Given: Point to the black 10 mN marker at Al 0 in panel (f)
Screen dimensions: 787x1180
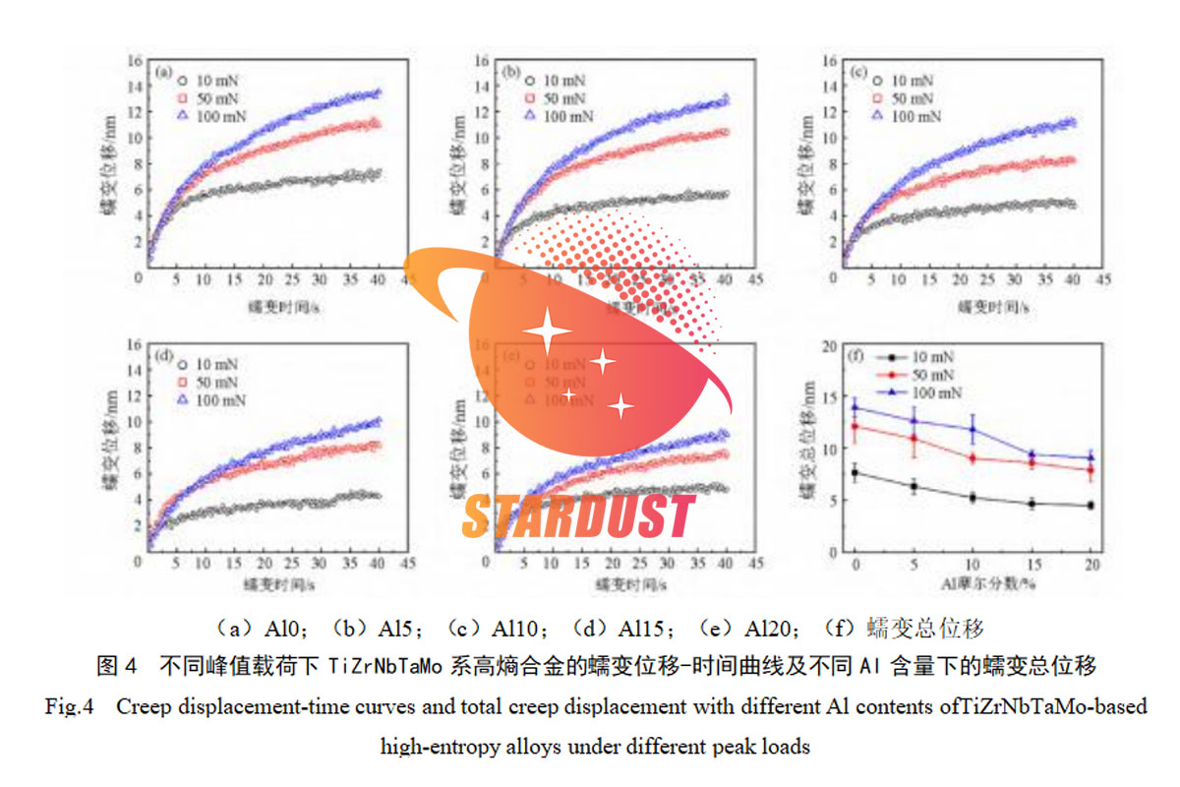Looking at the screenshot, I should (x=855, y=472).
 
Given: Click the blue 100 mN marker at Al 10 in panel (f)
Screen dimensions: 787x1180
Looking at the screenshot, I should (x=973, y=429).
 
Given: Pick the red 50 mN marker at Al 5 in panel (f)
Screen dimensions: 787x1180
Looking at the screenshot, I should (x=914, y=438).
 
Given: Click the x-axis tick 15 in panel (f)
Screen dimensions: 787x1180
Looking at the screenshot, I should (x=1032, y=566).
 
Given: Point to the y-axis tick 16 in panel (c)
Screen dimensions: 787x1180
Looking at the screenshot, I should (x=830, y=61).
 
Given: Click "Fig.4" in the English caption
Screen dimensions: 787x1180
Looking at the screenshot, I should (x=69, y=706).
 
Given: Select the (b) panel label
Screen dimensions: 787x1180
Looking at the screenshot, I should (x=510, y=72).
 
